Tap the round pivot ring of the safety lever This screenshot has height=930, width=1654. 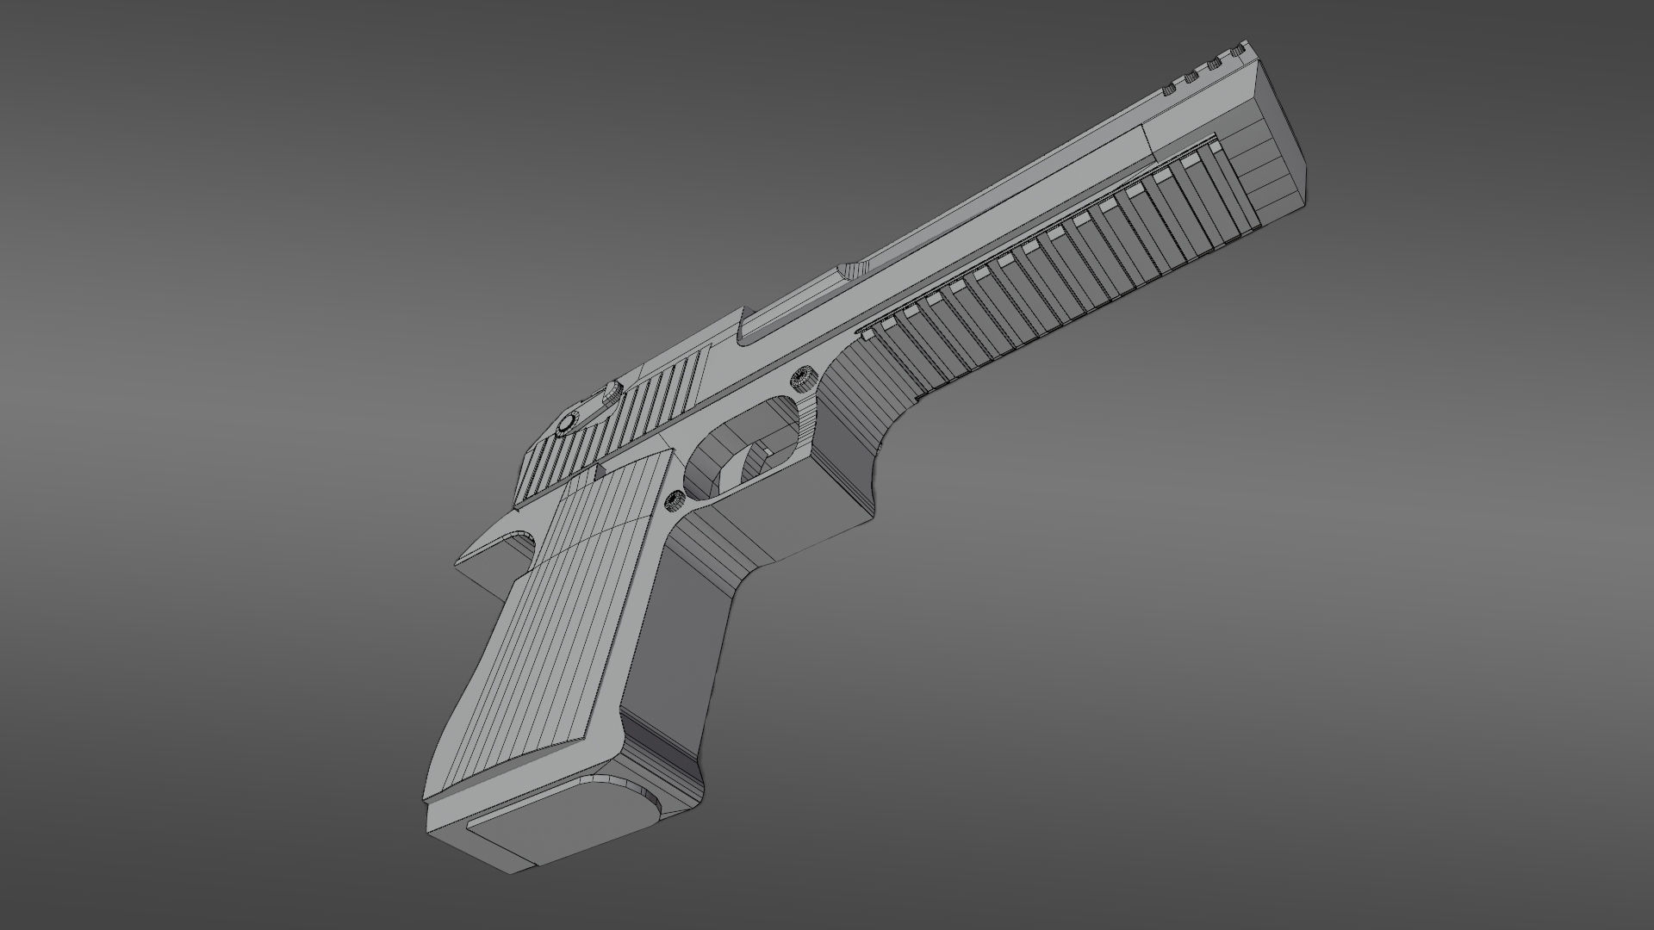[568, 423]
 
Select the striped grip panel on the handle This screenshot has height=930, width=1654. [551, 620]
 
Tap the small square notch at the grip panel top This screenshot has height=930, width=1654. [598, 470]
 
